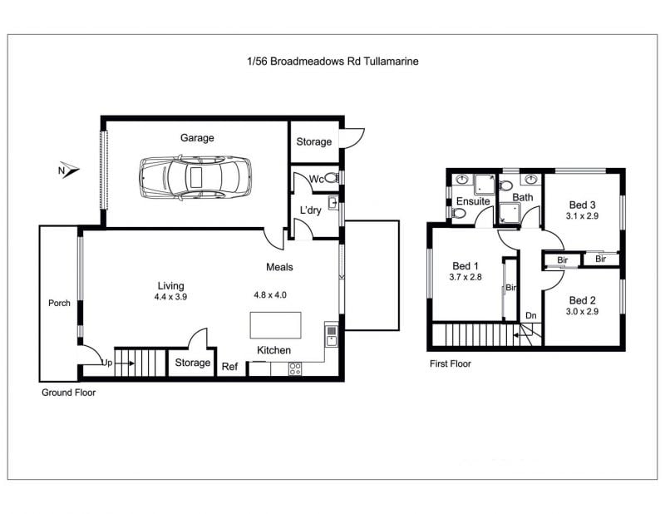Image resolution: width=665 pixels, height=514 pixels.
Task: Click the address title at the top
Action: click(x=332, y=61)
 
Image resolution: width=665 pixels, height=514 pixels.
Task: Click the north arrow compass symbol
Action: click(x=68, y=170)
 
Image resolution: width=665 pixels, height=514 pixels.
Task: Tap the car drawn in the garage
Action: click(x=195, y=177)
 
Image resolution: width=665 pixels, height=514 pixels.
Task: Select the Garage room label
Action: click(x=197, y=138)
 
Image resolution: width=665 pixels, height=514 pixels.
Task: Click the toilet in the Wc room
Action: click(x=332, y=178)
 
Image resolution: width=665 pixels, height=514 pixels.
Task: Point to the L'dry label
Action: click(x=310, y=210)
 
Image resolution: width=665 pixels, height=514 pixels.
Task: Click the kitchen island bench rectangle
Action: click(x=276, y=325)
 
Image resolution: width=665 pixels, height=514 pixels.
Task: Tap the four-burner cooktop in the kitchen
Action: click(x=295, y=368)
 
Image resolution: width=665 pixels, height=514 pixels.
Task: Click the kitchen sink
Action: click(x=331, y=335)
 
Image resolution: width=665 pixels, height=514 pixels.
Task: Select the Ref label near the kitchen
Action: click(x=230, y=366)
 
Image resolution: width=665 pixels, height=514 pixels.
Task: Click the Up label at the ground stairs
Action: click(x=107, y=363)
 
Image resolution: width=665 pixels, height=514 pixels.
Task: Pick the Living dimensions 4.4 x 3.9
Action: click(x=170, y=297)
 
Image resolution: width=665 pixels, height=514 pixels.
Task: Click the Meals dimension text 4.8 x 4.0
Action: click(x=270, y=294)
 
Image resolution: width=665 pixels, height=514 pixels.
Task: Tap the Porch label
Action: click(x=59, y=303)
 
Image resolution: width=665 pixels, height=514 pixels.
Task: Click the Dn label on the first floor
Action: click(x=531, y=315)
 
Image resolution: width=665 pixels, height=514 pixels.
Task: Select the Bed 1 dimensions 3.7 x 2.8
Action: click(x=465, y=277)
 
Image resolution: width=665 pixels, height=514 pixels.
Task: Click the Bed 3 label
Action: click(x=583, y=205)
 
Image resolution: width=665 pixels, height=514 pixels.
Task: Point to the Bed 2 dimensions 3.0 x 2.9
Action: click(x=582, y=312)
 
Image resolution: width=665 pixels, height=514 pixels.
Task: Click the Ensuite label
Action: click(x=473, y=201)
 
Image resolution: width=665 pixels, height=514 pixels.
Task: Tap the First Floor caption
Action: click(x=451, y=363)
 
